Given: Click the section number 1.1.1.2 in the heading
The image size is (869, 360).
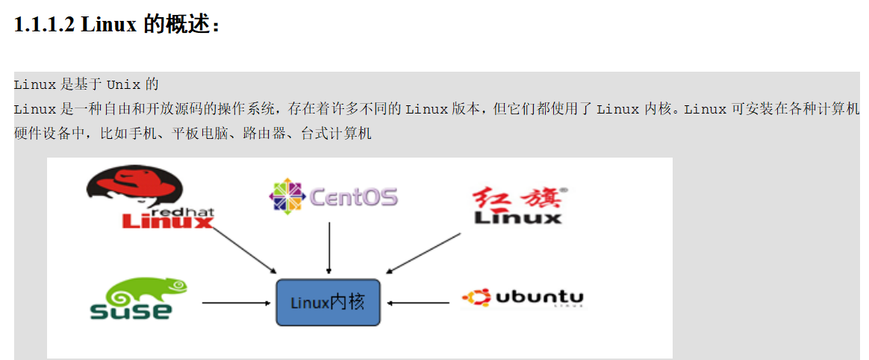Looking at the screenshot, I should pyautogui.click(x=44, y=24).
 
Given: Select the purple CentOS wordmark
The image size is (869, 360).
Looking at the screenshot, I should pyautogui.click(x=354, y=197).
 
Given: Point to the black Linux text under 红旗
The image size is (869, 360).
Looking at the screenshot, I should pyautogui.click(x=518, y=217).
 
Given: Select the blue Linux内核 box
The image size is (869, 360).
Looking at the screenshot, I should pyautogui.click(x=328, y=302).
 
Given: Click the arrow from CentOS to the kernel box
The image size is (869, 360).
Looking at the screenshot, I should pyautogui.click(x=329, y=248).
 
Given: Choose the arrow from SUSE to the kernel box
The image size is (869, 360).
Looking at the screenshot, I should pyautogui.click(x=235, y=302).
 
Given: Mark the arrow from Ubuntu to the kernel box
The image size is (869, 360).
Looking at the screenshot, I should pyautogui.click(x=417, y=302).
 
